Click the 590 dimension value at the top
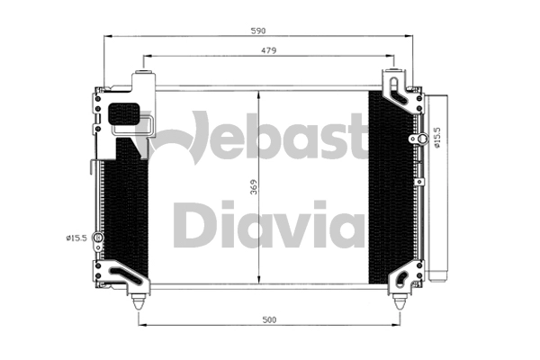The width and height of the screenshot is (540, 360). [x=259, y=31]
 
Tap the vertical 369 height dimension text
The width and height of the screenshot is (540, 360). [x=254, y=187]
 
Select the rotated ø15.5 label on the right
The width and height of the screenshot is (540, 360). [x=436, y=136]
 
